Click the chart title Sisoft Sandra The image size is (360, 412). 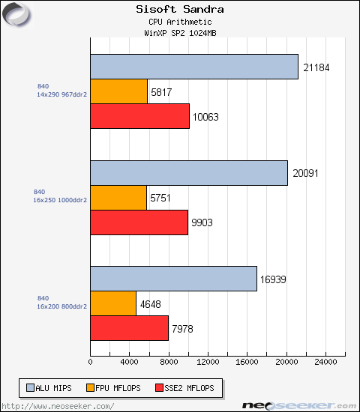tap(179, 10)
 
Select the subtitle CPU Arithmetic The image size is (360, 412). tap(179, 22)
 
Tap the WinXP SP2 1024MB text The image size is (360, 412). tap(179, 34)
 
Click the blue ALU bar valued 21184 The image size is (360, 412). tap(194, 67)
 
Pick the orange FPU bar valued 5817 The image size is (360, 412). tap(118, 91)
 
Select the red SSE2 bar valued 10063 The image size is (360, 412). tap(139, 116)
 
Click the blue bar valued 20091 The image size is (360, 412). tap(189, 173)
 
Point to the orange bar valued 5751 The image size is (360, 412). tap(118, 198)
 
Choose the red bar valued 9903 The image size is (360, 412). tap(139, 222)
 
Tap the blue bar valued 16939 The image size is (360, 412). tap(173, 279)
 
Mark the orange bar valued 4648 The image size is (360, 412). tap(113, 303)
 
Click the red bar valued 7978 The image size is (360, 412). tap(129, 328)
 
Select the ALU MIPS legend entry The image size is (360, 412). tap(52, 388)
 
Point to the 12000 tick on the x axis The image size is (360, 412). tap(208, 361)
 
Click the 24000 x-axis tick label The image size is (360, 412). tap(325, 361)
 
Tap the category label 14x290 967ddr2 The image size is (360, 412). tap(61, 95)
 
